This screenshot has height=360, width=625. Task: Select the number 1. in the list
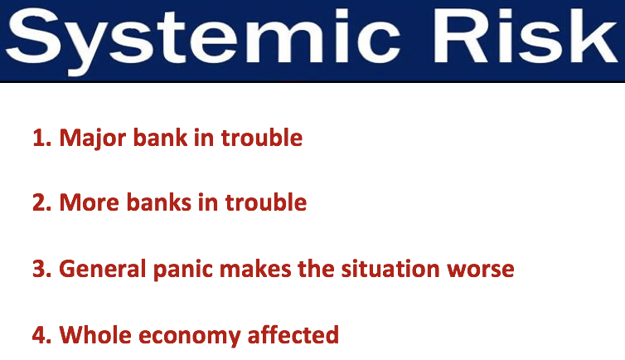click(x=42, y=138)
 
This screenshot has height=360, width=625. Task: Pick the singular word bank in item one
click(x=160, y=138)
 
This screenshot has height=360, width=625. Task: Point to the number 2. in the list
click(x=42, y=202)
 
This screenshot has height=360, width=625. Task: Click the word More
click(x=90, y=202)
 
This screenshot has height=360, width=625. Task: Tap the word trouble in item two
click(x=266, y=202)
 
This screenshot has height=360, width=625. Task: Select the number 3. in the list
click(x=42, y=269)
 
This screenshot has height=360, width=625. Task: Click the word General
click(x=103, y=268)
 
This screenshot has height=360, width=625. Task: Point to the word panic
click(x=183, y=270)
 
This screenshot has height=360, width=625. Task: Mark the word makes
click(x=255, y=268)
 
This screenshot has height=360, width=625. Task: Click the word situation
click(x=390, y=268)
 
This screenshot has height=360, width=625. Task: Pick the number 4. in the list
click(x=42, y=335)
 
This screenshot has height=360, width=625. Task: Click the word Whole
click(x=95, y=334)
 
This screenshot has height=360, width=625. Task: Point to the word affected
click(x=293, y=334)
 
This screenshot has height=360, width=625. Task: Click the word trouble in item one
click(x=262, y=138)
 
